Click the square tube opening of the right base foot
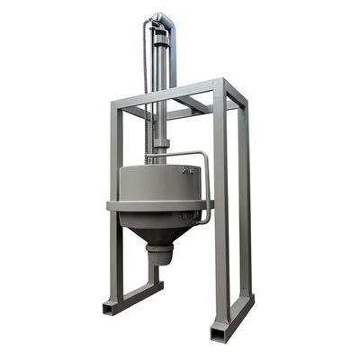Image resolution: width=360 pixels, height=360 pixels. point(219,333)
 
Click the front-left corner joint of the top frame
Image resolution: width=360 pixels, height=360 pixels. point(112,107)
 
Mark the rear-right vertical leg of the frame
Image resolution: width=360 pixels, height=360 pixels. point(244,198)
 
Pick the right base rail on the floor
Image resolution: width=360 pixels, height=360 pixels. point(236,315)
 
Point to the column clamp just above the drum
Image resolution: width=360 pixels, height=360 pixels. point(161,144)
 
